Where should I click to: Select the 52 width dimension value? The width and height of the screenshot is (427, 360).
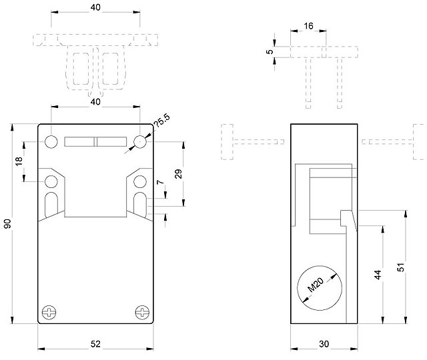coord(95,343)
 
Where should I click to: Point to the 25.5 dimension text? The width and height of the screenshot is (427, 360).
coord(161,122)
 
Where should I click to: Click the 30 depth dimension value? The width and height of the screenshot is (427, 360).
coord(324,343)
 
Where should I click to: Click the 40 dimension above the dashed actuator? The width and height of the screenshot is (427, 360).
coord(95,7)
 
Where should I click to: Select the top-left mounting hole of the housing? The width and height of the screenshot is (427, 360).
coord(51,141)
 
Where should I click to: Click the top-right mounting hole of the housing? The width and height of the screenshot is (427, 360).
coord(139,141)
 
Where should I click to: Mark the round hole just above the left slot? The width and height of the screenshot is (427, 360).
coord(51,181)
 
